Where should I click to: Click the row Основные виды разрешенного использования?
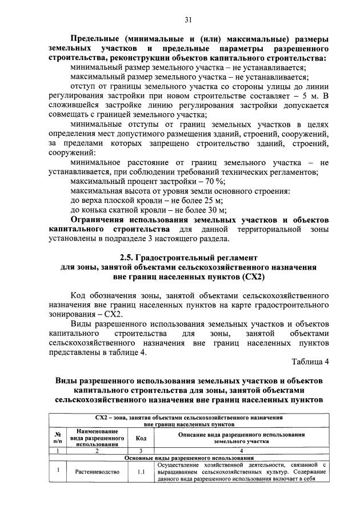click(x=188, y=458)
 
